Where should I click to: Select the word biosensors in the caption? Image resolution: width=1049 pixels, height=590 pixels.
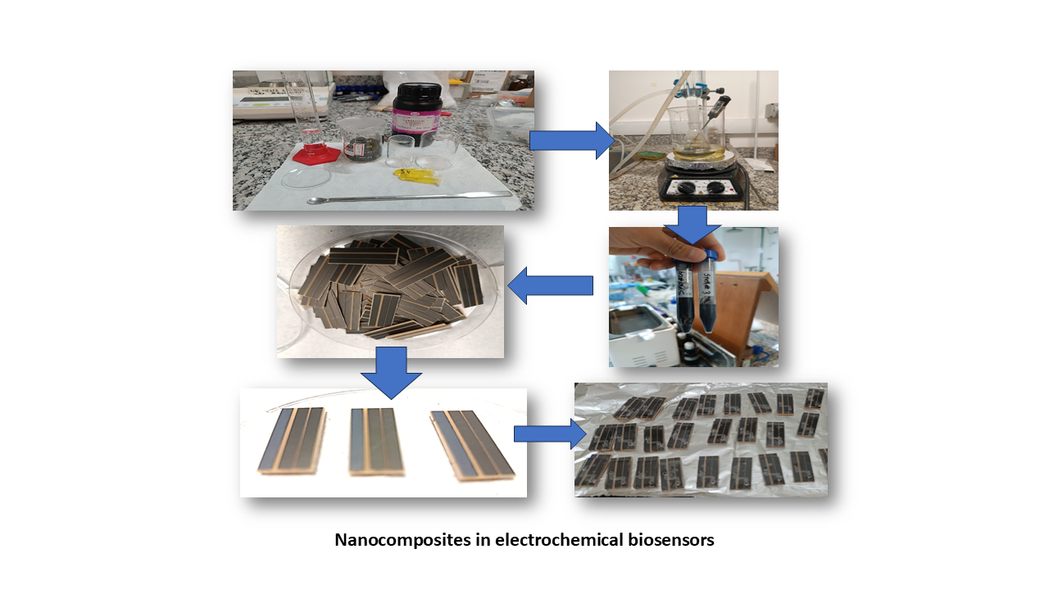click(674, 541)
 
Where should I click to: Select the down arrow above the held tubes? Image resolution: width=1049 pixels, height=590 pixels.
click(693, 224)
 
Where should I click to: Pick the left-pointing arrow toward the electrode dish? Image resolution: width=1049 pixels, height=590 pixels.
click(551, 285)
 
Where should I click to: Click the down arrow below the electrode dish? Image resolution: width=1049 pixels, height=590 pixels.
click(391, 372)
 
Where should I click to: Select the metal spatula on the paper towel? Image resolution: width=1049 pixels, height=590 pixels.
click(410, 197)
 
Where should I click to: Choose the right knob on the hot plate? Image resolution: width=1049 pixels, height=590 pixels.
click(715, 188)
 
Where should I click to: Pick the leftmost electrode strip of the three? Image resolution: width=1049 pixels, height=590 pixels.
click(292, 439)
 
